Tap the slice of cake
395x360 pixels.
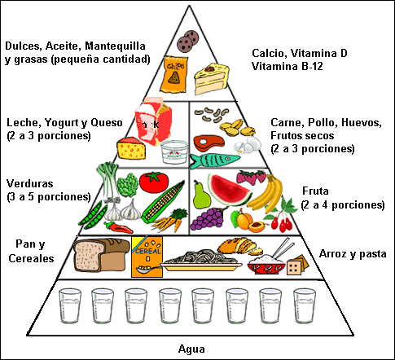tap(212, 79)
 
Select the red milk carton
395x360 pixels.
tap(153, 121)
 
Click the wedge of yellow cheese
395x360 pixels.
tap(131, 148)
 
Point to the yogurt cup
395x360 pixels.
tap(174, 152)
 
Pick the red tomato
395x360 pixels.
tap(154, 182)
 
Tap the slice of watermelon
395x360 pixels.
tap(229, 190)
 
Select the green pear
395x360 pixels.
tap(201, 195)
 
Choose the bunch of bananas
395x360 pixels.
tap(266, 194)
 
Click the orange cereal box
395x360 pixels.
tap(147, 257)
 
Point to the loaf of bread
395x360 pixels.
tap(102, 255)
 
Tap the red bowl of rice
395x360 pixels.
tap(266, 264)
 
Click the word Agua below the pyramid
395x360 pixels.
tap(191, 349)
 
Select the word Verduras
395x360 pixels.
tap(30, 183)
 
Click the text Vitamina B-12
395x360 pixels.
tap(287, 66)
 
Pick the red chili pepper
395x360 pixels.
tap(118, 227)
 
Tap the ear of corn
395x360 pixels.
tap(163, 202)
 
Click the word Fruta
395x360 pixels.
tap(315, 191)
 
